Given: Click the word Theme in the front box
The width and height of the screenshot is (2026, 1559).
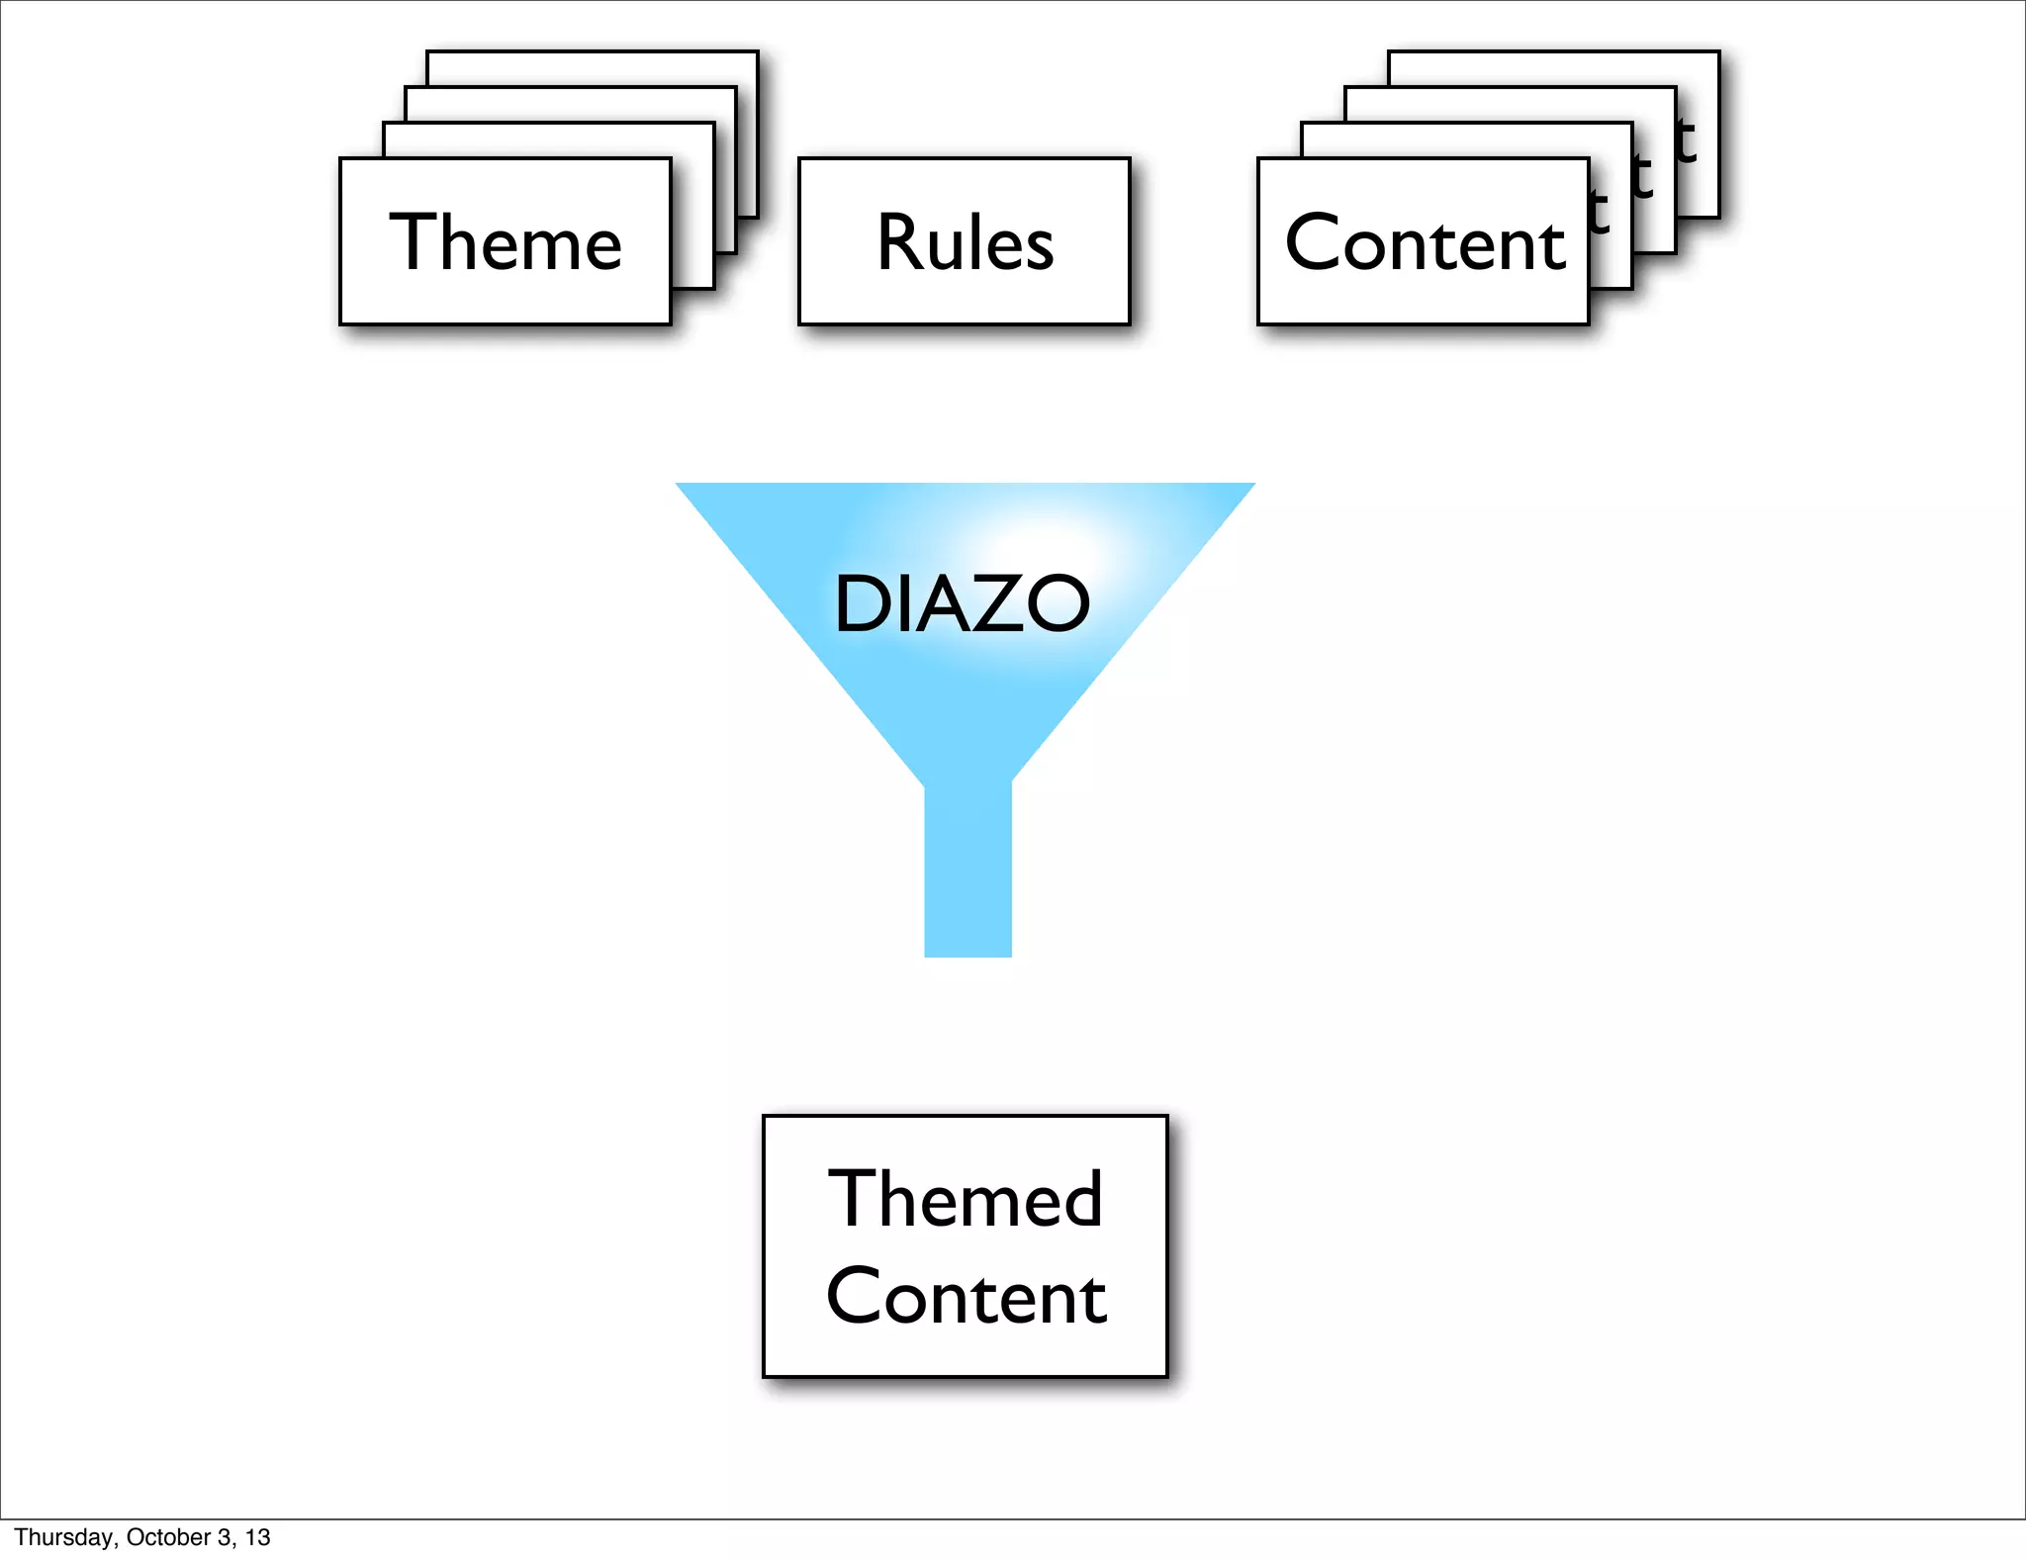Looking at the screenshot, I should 506,242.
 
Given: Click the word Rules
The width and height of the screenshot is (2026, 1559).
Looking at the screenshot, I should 965,242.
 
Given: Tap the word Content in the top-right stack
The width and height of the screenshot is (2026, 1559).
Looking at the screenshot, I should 1425,242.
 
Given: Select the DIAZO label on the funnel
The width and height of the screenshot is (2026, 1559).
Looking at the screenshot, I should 962,603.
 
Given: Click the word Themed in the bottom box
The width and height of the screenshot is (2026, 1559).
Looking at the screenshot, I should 965,1198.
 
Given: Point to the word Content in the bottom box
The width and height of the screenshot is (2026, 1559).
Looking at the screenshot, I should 966,1296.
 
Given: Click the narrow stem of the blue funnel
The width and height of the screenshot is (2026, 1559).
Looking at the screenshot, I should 967,871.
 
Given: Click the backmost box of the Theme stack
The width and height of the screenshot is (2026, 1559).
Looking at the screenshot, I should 594,68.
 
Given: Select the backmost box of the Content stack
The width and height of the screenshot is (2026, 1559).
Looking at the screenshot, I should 1553,68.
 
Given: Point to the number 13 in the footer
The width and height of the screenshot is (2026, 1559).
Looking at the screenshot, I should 258,1537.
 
